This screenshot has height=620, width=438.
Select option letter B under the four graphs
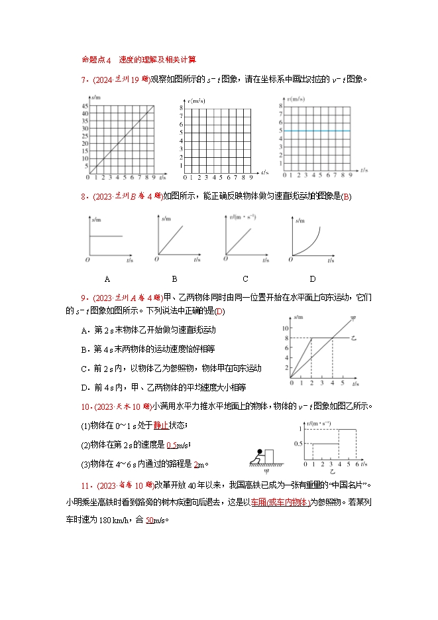[x=175, y=279]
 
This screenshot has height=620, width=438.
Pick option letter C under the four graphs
[x=245, y=279]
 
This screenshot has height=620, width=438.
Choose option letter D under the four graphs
[x=313, y=279]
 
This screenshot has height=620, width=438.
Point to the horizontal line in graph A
[x=106, y=236]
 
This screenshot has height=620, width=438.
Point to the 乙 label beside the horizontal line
[x=354, y=338]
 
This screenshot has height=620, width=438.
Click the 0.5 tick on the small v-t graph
[x=296, y=444]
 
